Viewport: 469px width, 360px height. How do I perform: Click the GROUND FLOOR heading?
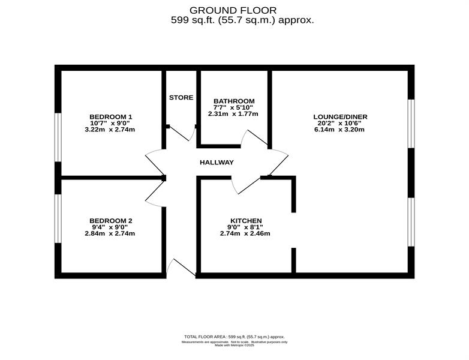tap(233, 10)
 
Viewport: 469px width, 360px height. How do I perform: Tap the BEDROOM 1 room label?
tap(111, 117)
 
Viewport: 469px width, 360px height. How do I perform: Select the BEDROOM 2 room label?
tap(111, 221)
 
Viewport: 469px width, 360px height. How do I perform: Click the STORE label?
tap(181, 98)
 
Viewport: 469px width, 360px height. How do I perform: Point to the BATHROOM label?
tap(234, 101)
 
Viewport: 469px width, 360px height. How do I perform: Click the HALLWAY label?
tap(217, 163)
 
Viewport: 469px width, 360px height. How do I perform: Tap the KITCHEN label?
tap(246, 221)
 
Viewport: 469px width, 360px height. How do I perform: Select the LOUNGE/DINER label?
tap(340, 117)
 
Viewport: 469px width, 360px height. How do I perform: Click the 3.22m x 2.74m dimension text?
tap(110, 130)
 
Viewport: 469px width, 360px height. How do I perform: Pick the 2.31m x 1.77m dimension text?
tap(233, 114)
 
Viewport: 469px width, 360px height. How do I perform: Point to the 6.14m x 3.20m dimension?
tap(339, 130)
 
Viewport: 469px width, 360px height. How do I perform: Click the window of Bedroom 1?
tap(58, 137)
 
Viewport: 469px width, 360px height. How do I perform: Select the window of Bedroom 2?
tap(58, 218)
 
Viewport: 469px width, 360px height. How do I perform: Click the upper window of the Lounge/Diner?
tap(411, 124)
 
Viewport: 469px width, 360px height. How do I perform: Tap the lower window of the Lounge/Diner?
tap(411, 222)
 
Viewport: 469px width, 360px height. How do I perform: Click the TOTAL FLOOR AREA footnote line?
tap(235, 337)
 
